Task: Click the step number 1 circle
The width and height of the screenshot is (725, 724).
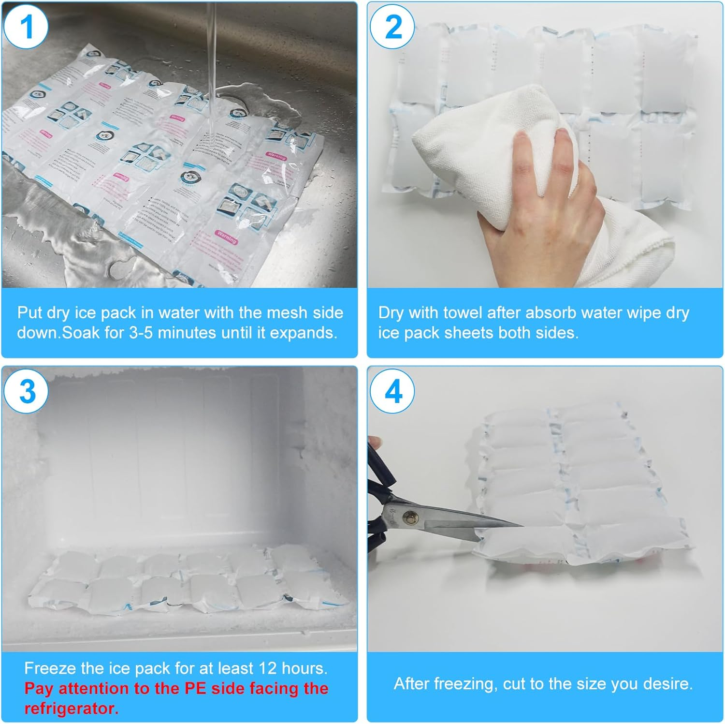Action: (27, 27)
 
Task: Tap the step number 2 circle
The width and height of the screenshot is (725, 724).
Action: (393, 27)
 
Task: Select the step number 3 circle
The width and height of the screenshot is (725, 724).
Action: (27, 391)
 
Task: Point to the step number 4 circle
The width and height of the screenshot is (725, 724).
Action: (393, 391)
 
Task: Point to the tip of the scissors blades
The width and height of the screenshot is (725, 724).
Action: (522, 525)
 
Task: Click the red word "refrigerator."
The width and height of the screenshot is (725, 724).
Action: (71, 709)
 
